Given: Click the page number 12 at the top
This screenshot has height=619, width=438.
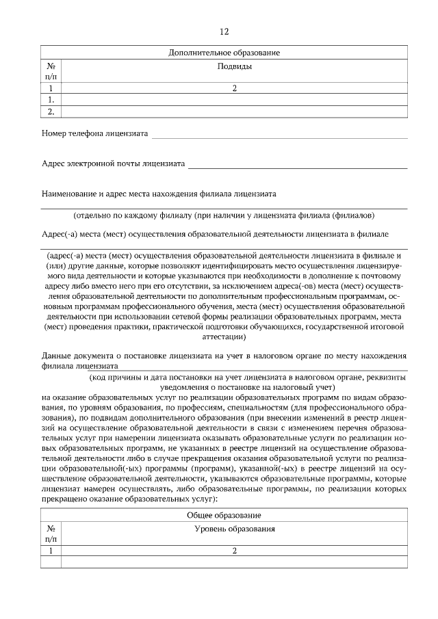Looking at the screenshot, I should coord(224,32).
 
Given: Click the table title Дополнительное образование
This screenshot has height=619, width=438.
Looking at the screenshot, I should coord(224,53).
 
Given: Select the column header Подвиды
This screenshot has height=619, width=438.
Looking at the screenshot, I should coord(234,67).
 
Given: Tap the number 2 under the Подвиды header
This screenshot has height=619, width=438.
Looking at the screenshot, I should coord(234,88).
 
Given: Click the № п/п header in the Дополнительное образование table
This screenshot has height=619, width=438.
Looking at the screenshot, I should coord(51,73).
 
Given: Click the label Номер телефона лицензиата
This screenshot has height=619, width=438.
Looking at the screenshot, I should coord(94,133).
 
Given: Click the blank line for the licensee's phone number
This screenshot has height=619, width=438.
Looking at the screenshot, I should coord(279,137).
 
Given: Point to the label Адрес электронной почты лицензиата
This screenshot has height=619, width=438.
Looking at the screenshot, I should coord(114,164).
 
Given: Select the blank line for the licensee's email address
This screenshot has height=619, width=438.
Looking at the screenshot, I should coord(298,168).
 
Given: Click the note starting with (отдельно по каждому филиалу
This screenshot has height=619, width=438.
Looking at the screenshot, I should coord(224,215).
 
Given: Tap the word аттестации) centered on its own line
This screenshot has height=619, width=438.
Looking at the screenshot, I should coord(224,337).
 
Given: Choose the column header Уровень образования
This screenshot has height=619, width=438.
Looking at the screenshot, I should coord(234,529).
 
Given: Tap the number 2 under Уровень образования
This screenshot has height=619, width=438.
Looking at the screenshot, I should coord(234,551).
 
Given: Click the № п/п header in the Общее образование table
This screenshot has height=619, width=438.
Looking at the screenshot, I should coord(51,534).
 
